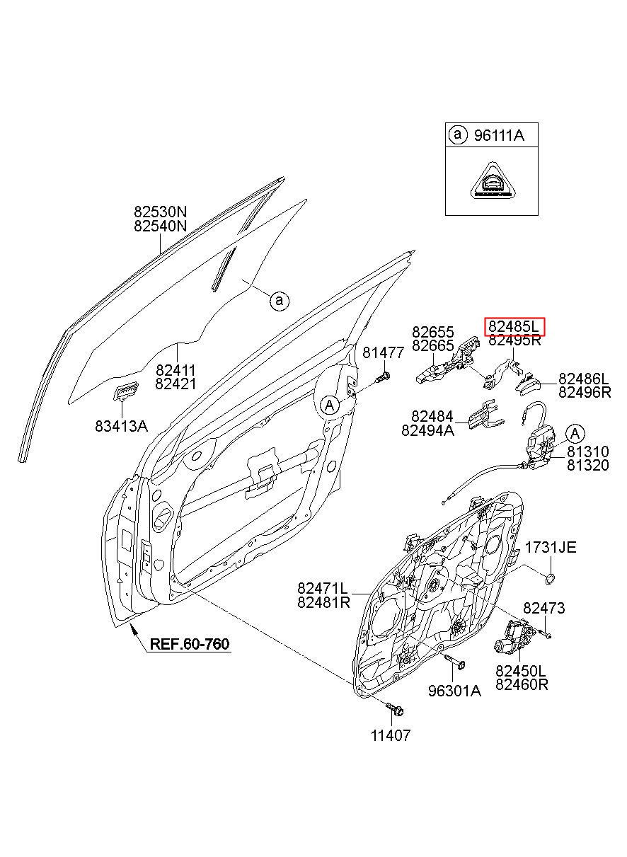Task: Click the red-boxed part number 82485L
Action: [x=513, y=326]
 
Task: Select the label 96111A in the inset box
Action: [x=499, y=135]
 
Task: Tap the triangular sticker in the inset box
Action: [x=492, y=183]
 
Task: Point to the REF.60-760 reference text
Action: [x=190, y=643]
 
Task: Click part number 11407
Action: [x=391, y=735]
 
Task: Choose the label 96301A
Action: [x=454, y=690]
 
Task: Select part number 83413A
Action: [x=121, y=426]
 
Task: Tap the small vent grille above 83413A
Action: [x=126, y=390]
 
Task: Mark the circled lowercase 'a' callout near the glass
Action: [x=280, y=301]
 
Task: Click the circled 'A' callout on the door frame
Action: [x=329, y=406]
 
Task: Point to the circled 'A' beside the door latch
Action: [x=575, y=434]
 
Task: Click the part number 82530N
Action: [x=161, y=211]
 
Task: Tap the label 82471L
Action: [x=323, y=587]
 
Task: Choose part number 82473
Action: [x=543, y=608]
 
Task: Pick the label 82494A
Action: [x=427, y=430]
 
